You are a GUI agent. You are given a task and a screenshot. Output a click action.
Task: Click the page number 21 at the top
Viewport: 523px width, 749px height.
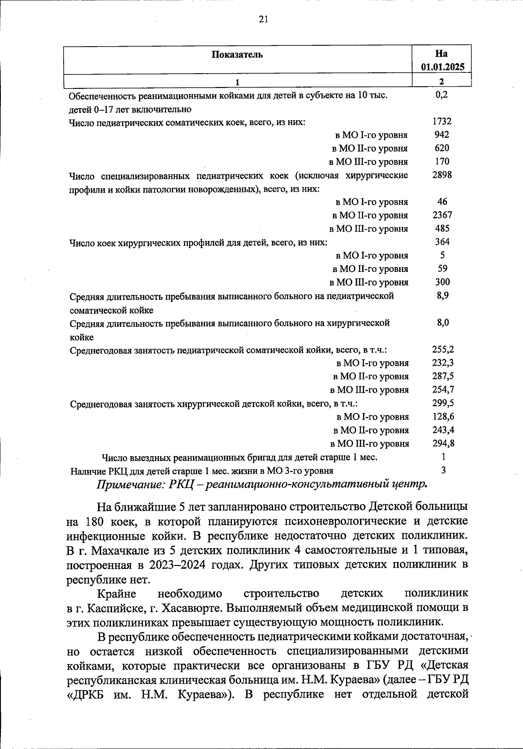[263, 19]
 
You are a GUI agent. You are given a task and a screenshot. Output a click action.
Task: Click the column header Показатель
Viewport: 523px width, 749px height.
[238, 54]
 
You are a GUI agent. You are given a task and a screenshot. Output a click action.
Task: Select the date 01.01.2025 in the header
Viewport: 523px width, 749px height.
[442, 67]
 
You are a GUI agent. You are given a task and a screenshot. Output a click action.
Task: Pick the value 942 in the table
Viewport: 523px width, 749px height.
[442, 135]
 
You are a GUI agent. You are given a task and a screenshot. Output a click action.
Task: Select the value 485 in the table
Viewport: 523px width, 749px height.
[442, 228]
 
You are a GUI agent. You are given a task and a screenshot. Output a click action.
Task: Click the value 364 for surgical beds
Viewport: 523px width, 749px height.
[442, 242]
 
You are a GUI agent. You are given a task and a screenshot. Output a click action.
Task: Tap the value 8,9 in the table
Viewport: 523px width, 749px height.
[442, 295]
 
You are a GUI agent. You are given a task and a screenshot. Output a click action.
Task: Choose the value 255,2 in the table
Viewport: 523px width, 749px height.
[443, 349]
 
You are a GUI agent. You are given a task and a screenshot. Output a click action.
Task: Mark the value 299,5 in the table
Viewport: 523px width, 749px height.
[443, 403]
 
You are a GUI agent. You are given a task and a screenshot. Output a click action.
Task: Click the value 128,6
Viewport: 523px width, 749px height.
[443, 416]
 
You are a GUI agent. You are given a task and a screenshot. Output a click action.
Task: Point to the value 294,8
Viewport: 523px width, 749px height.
[443, 443]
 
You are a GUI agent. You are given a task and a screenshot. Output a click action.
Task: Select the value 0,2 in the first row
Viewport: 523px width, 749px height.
[442, 94]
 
